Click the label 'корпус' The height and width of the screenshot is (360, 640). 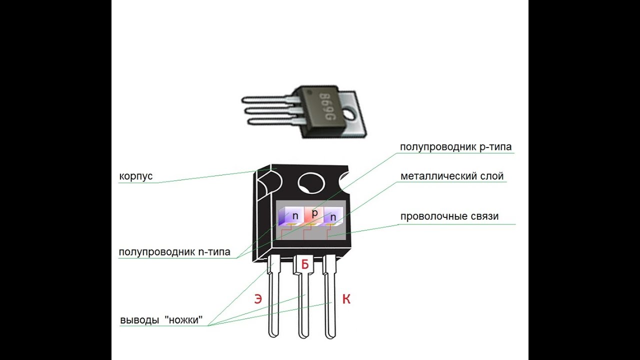[135, 176]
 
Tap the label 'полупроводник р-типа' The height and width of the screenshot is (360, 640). [455, 147]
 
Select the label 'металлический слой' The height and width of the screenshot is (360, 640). [452, 176]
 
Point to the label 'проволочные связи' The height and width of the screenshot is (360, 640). [449, 216]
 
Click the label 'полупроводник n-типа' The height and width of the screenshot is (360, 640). [174, 252]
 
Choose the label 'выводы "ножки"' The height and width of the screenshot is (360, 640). [161, 320]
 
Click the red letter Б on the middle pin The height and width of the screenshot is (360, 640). [305, 264]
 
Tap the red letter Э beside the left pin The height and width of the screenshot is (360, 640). [258, 299]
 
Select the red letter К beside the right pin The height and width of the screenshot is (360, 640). [346, 299]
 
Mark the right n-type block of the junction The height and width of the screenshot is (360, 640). [333, 216]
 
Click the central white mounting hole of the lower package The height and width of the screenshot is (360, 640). [311, 183]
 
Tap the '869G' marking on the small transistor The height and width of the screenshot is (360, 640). [327, 106]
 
